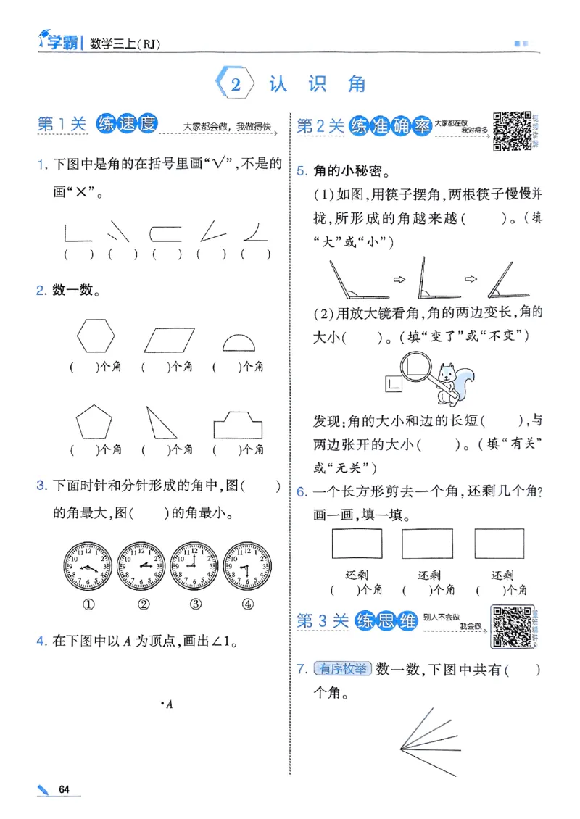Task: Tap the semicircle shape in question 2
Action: point(243,343)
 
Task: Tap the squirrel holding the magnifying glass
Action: point(451,379)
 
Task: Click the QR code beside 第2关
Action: point(512,131)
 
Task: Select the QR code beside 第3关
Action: point(510,625)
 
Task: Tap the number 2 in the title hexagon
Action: point(236,85)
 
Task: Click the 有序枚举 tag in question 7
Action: point(342,669)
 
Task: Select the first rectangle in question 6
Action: point(356,543)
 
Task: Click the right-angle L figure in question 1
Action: point(73,233)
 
